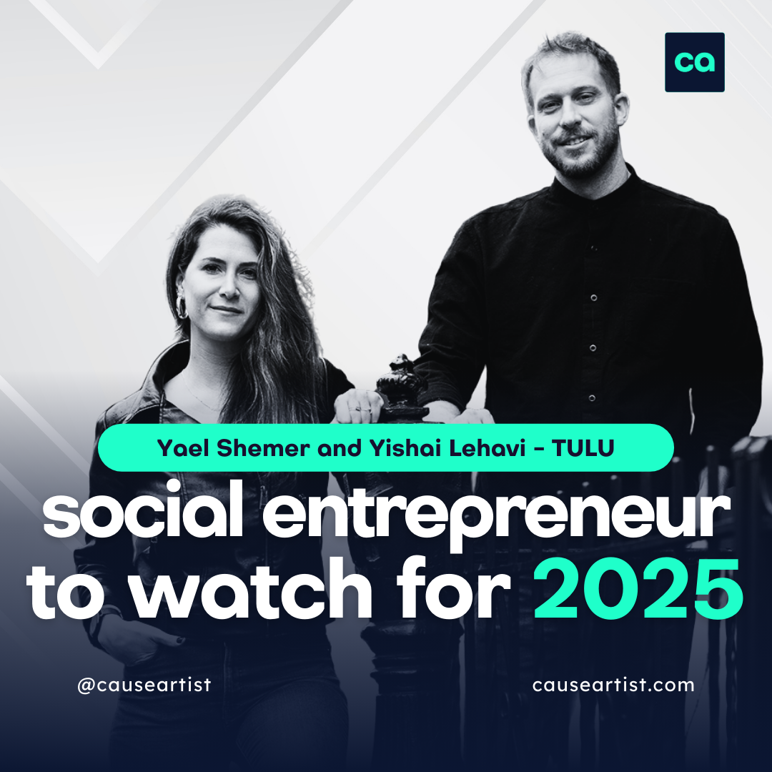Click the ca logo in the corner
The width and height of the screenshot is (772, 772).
click(x=694, y=62)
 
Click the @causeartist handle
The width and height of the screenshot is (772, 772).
click(x=144, y=685)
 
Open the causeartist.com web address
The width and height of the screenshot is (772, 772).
click(x=613, y=685)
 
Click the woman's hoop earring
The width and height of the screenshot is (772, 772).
click(x=182, y=305)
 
